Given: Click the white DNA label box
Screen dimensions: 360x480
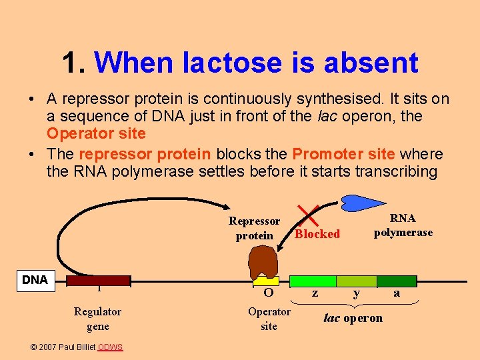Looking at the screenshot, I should pos(35,280).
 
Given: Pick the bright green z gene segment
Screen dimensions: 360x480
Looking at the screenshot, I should pos(313,281).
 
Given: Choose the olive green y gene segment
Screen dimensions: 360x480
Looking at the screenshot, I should pos(356,281).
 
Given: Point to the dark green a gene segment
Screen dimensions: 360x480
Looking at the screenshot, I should pos(397,281).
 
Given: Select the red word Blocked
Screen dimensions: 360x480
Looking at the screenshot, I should pos(317,234).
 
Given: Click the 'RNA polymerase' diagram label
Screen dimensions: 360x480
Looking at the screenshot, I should pos(403,225).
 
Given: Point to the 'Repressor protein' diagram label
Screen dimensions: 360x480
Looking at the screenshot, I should pos(254,228).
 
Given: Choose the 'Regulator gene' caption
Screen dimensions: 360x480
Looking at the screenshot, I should pos(97,319).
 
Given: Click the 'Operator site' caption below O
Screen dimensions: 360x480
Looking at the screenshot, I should pos(269,319).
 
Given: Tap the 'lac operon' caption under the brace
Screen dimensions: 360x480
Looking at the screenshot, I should pos(353,318).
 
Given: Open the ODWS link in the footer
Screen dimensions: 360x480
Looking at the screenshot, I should pos(111,347).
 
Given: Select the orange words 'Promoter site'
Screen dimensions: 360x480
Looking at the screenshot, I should pos(343,154).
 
